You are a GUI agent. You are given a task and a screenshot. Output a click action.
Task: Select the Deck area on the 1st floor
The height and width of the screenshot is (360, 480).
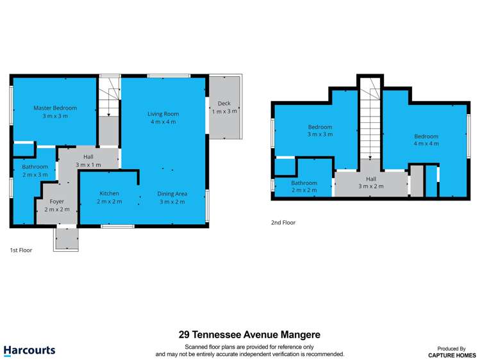point(224,107)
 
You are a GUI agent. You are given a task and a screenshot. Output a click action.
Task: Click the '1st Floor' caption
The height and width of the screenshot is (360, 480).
point(21,250)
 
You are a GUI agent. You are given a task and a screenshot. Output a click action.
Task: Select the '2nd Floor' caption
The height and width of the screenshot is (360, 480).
point(283,223)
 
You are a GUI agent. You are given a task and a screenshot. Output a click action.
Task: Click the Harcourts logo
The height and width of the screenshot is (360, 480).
point(29,350)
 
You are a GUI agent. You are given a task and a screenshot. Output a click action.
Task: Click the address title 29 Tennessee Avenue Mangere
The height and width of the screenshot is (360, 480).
point(249,334)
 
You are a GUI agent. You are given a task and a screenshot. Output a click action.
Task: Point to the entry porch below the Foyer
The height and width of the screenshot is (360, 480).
point(66,238)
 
